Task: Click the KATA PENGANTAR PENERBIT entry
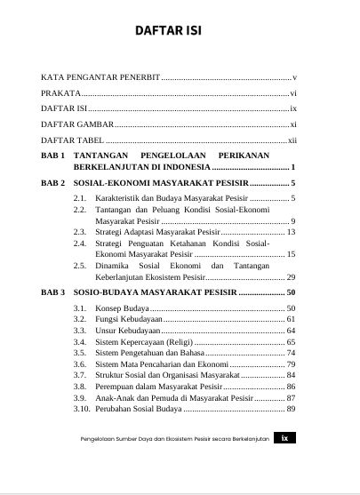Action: click(x=100, y=78)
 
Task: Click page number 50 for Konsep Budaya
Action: click(x=291, y=307)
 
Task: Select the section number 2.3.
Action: click(x=79, y=231)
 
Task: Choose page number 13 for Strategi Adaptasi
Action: click(x=291, y=231)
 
